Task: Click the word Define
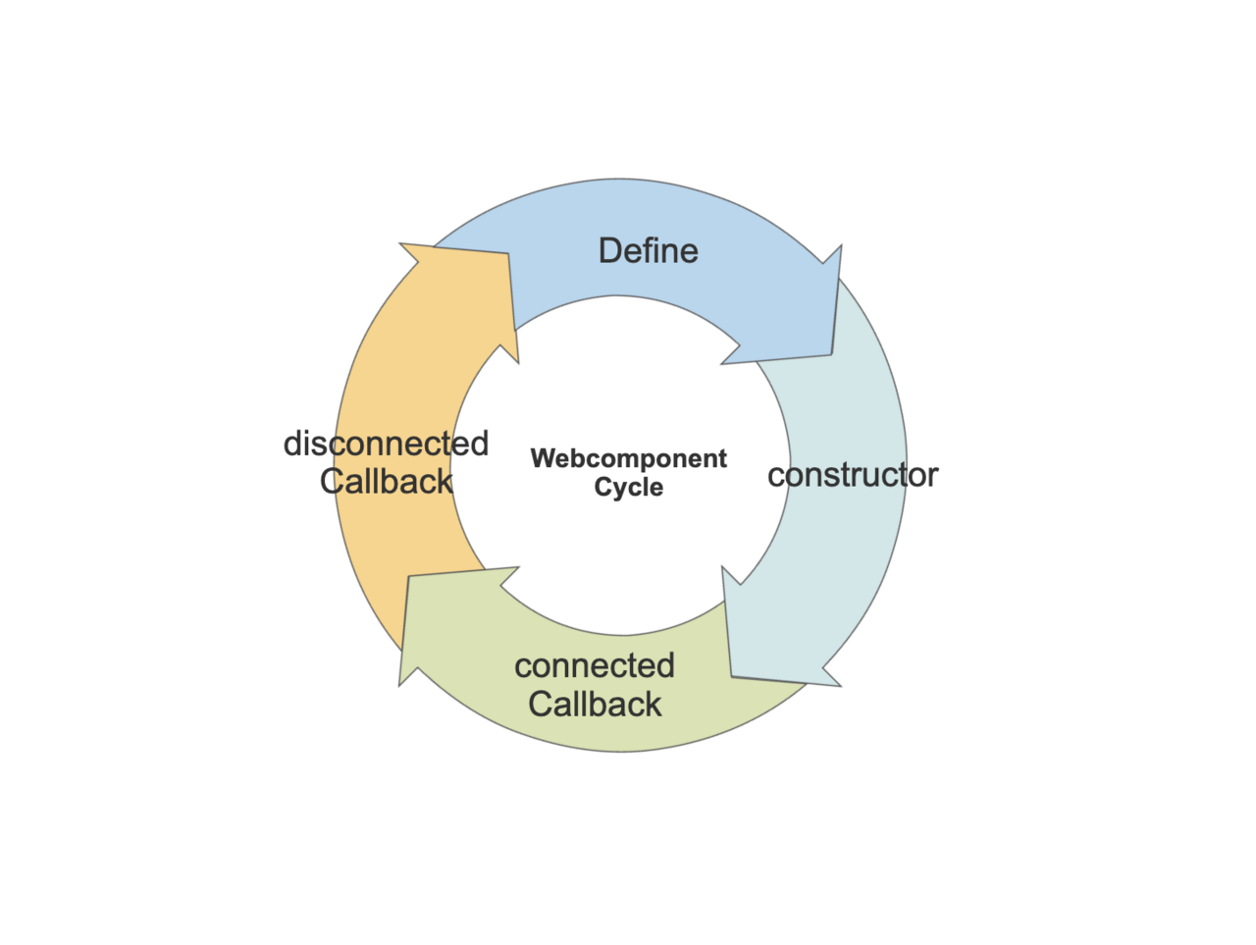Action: [x=648, y=251]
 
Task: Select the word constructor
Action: [x=852, y=475]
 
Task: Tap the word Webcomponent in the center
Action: [x=628, y=458]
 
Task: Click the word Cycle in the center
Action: [x=628, y=487]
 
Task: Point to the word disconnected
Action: [x=386, y=444]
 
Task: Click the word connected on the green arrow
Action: [x=594, y=666]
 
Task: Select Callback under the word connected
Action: [x=594, y=704]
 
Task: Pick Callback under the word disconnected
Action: [x=386, y=481]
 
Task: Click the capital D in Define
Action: [x=608, y=251]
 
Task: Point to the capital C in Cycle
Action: [x=602, y=487]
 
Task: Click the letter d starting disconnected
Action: [x=291, y=444]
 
